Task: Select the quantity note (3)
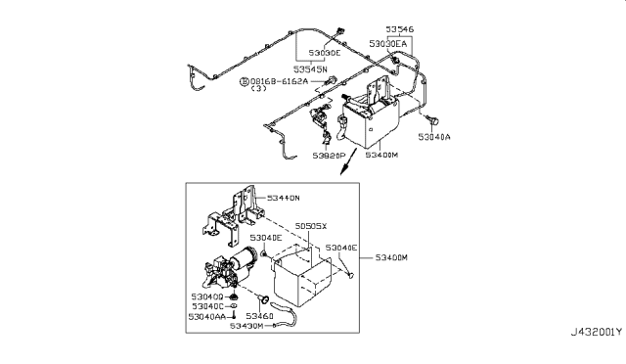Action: pyautogui.click(x=258, y=89)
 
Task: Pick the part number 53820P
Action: pyautogui.click(x=331, y=155)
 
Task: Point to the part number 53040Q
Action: pyautogui.click(x=208, y=295)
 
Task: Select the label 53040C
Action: pyautogui.click(x=208, y=305)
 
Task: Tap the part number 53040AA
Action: pyautogui.click(x=210, y=316)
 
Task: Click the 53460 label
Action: pyautogui.click(x=259, y=316)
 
